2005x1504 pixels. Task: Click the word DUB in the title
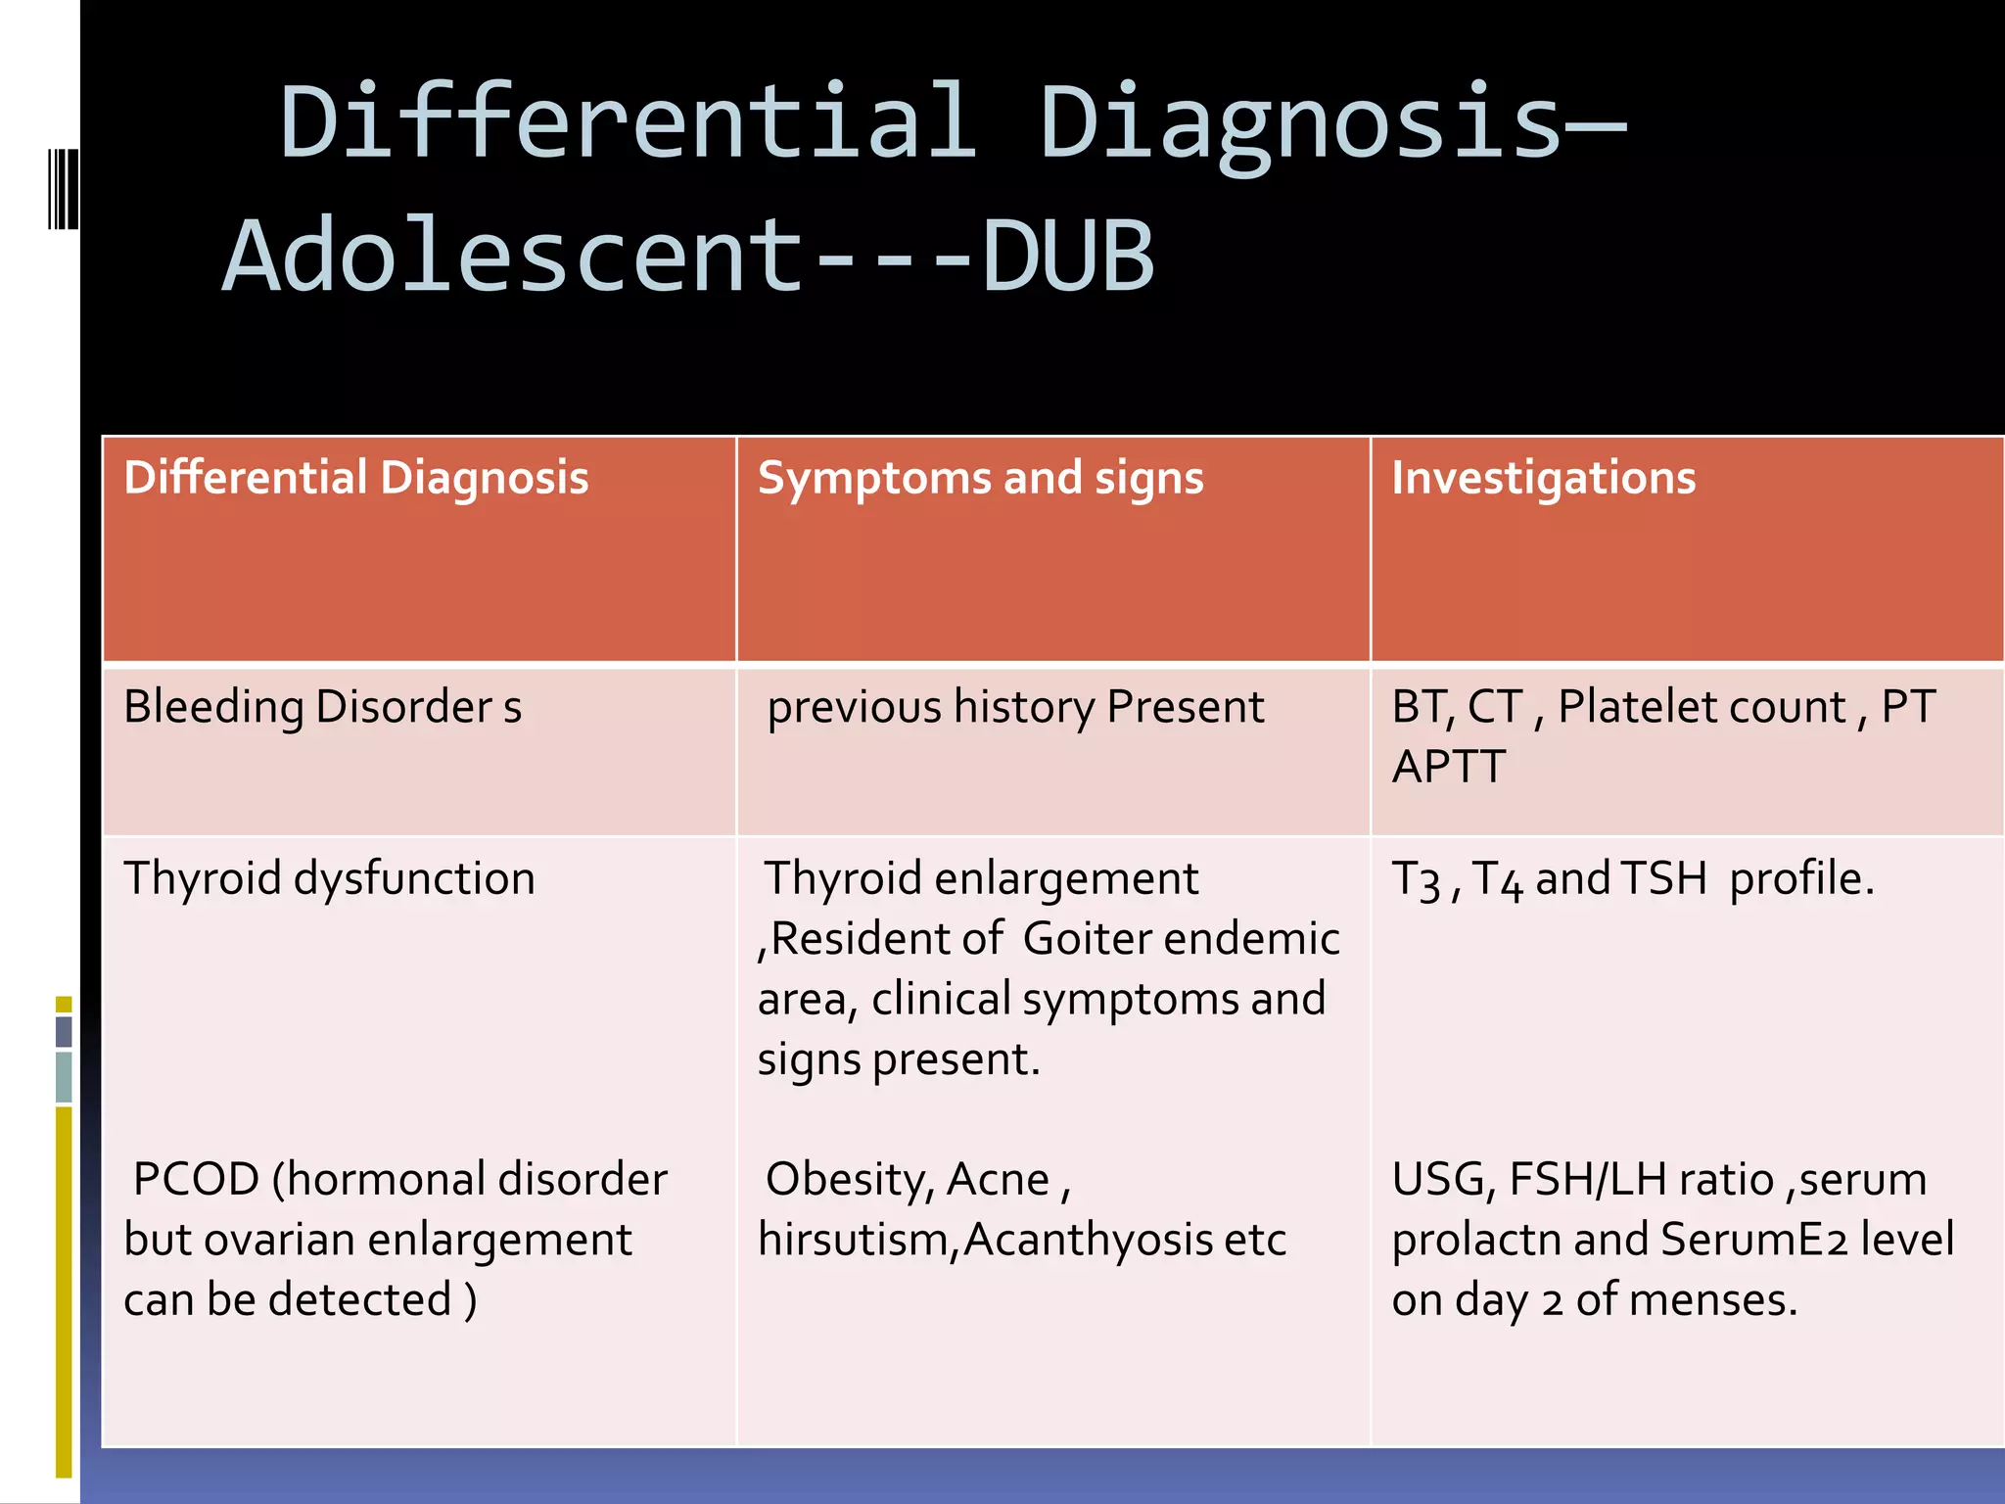coord(1068,257)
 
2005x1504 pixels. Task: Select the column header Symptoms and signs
coord(980,479)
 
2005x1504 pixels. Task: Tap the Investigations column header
coord(1543,479)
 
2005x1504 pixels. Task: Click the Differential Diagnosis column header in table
coord(356,479)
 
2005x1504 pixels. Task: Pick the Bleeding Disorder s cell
coord(323,707)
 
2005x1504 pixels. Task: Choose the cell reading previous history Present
coord(1015,707)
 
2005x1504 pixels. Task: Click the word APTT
coord(1448,767)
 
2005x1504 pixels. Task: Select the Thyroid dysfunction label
coord(329,878)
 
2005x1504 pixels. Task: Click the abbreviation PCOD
coord(196,1179)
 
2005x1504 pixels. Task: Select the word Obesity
coord(849,1179)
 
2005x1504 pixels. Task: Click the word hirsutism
coord(858,1241)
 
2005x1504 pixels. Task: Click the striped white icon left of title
coord(62,188)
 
